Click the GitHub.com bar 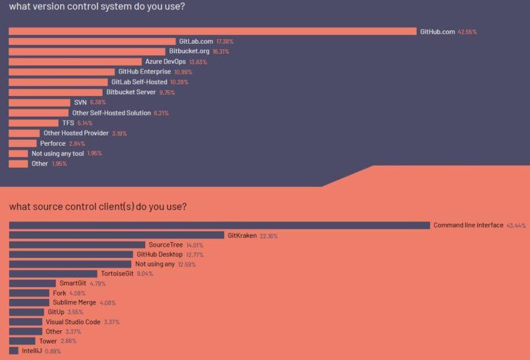212,31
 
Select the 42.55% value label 467,32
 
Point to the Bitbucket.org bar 87,51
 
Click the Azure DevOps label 165,62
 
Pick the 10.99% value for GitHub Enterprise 184,72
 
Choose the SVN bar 39,103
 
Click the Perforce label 52,143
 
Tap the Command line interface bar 219,225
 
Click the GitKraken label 242,235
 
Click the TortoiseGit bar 53,273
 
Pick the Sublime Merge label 74,302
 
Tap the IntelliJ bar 13,350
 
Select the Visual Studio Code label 73,322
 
